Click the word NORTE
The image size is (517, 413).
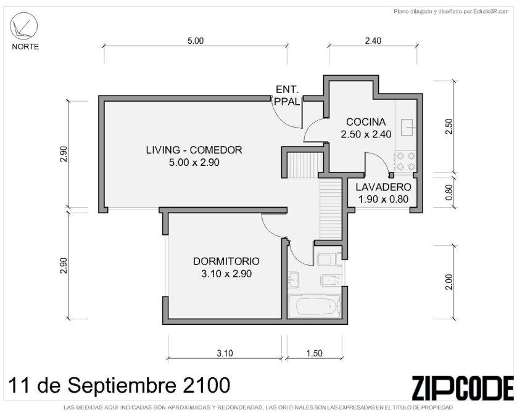[25, 47]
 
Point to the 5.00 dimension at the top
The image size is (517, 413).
[196, 41]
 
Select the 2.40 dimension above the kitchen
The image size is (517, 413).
[373, 41]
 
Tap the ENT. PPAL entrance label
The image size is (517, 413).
[287, 96]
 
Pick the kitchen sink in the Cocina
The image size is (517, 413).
[408, 127]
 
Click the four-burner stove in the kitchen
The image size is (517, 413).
[405, 162]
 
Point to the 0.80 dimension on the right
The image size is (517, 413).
[449, 192]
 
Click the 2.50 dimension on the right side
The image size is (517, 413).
[449, 126]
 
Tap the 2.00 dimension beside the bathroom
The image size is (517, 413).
[449, 282]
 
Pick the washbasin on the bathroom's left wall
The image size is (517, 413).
[293, 280]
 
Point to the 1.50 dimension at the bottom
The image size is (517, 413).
[314, 353]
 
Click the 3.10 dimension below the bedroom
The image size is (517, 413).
[225, 353]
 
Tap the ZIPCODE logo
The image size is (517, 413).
[463, 388]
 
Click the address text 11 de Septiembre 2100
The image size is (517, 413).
[119, 385]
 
